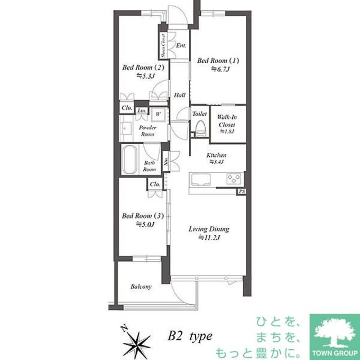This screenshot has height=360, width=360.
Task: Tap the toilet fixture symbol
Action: (x=199, y=129)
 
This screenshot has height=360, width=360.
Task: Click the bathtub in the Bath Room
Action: (x=130, y=161)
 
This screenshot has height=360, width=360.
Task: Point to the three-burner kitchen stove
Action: (x=235, y=179)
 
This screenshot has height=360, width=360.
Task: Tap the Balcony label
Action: (x=141, y=287)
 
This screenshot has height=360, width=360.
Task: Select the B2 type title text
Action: (x=189, y=336)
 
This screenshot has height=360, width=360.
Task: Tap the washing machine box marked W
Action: (x=158, y=113)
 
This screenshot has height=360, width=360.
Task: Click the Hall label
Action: (x=179, y=95)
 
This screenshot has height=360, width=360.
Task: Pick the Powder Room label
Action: (x=147, y=131)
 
